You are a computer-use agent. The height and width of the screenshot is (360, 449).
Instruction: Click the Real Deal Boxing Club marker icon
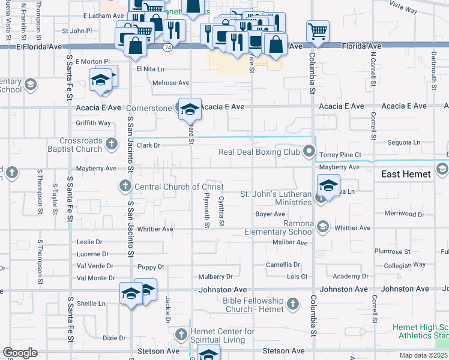tap(309, 151)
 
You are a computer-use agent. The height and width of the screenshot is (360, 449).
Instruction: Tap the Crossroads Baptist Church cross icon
tap(112, 143)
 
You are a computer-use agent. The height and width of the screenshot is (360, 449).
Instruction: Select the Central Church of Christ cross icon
tap(125, 186)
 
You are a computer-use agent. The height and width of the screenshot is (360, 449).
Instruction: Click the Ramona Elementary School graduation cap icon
tap(323, 226)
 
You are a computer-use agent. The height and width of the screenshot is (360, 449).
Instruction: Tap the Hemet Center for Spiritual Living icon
tap(181, 334)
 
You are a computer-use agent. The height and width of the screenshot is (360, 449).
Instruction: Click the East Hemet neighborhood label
tap(406, 174)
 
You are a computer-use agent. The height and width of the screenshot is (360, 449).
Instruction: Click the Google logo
tap(20, 352)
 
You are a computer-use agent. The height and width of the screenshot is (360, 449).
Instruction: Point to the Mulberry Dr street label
tap(215, 277)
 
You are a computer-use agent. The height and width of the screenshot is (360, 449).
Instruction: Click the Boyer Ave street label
tap(270, 214)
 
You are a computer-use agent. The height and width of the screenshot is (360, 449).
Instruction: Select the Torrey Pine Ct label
tap(340, 154)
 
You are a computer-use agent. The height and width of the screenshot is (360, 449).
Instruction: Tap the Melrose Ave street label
tap(170, 83)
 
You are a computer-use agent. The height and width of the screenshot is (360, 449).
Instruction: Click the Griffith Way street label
tap(93, 123)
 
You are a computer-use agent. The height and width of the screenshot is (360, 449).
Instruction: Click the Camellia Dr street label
tap(283, 265)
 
